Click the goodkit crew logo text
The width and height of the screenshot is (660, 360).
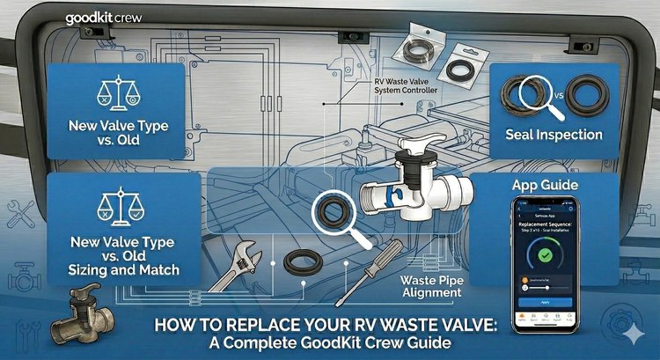point(104,16)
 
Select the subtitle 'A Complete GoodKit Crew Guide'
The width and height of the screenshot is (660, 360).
point(326,342)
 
